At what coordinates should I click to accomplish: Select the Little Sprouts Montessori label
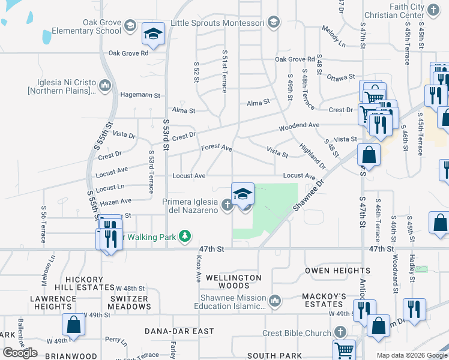(x=209, y=22)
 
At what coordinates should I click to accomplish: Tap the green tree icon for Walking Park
(x=186, y=236)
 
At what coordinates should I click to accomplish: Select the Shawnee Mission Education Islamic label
(x=230, y=302)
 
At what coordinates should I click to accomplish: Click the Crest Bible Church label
(x=297, y=332)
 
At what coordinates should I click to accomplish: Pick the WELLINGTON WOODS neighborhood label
(x=234, y=282)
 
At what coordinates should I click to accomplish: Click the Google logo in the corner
(x=20, y=353)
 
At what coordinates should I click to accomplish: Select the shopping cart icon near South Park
(x=344, y=350)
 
